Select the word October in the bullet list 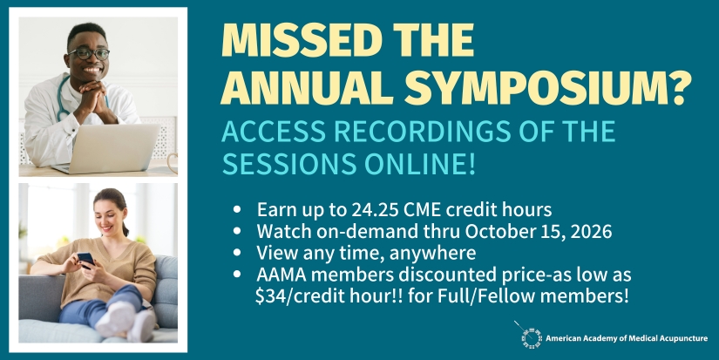(499, 231)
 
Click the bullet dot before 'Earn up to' (237, 210)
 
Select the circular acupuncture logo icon (532, 338)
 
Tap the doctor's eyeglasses (89, 54)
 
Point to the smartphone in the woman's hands (85, 259)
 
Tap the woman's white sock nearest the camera (141, 326)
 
